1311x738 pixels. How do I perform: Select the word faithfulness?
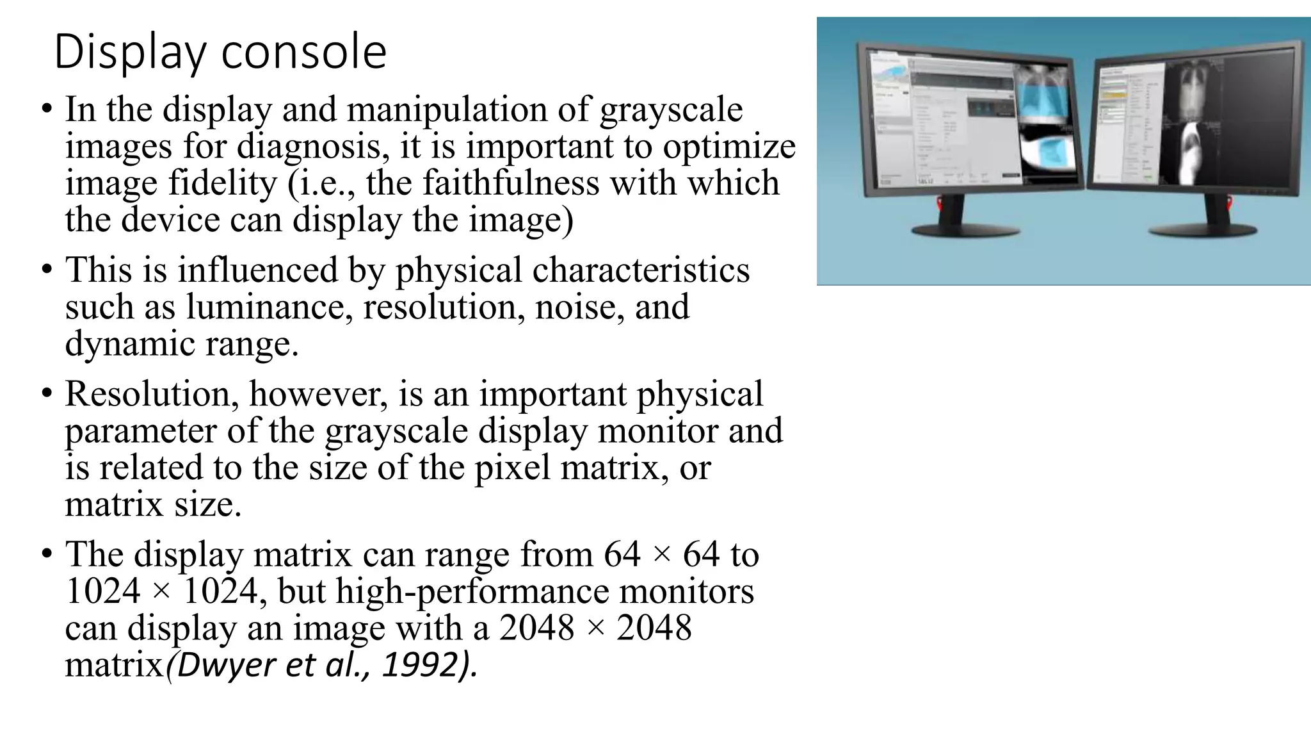click(511, 183)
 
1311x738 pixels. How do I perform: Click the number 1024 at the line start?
click(102, 591)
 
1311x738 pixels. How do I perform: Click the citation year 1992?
click(421, 666)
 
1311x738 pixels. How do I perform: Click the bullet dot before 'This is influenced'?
click(47, 270)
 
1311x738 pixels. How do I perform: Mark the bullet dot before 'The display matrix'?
click(47, 554)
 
